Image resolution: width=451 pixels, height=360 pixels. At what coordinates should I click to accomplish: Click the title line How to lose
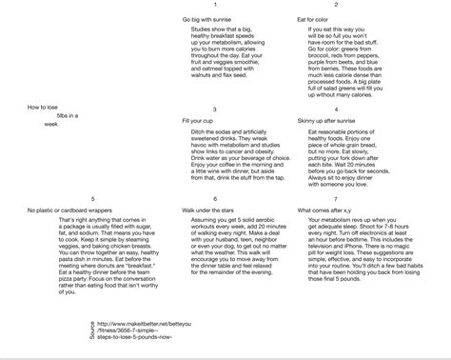point(44,106)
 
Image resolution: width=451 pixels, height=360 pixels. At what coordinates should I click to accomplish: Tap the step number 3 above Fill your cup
point(215,110)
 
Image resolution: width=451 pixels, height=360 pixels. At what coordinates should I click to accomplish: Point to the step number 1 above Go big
point(215,7)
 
